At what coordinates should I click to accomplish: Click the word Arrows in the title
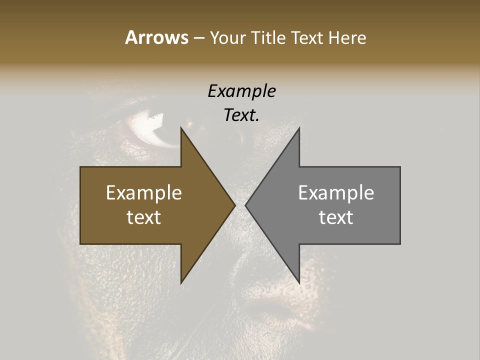(x=156, y=37)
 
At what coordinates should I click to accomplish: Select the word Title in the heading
(x=268, y=38)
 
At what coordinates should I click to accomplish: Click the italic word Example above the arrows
(x=242, y=91)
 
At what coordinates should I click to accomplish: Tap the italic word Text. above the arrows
(x=242, y=115)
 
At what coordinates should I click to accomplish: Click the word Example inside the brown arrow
(x=144, y=193)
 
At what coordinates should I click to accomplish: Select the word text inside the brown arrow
(x=144, y=217)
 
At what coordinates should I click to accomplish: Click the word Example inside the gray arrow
(x=336, y=193)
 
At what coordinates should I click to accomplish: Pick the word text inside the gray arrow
(x=336, y=217)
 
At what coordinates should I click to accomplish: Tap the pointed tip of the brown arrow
(x=234, y=205)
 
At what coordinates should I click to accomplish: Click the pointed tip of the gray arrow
(x=246, y=205)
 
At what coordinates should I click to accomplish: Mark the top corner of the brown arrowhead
(x=181, y=128)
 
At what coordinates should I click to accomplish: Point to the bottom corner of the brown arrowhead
(x=181, y=282)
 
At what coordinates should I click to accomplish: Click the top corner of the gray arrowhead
(x=299, y=128)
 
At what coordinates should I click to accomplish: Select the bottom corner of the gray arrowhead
(x=299, y=282)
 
